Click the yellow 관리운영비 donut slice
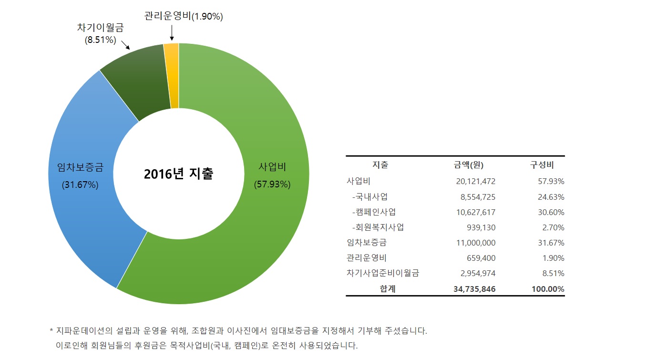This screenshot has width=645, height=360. (172, 75)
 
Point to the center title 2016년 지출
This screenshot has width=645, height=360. (178, 174)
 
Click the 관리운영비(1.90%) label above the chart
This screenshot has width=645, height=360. (184, 17)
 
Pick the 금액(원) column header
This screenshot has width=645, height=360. (469, 165)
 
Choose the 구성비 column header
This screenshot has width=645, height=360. (542, 165)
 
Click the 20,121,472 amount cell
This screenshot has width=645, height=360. (476, 181)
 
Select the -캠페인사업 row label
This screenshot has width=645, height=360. (374, 212)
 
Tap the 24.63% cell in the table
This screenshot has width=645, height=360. (551, 196)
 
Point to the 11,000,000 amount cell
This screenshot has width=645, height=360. (476, 243)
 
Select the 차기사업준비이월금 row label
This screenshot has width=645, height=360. (383, 273)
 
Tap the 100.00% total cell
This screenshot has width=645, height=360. (548, 289)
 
